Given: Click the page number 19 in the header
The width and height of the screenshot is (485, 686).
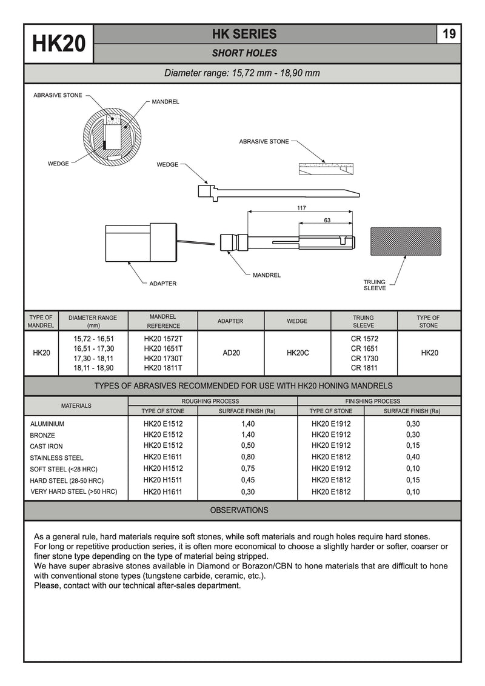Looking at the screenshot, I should coord(449,34).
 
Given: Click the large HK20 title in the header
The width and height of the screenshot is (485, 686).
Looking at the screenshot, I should coord(59,44).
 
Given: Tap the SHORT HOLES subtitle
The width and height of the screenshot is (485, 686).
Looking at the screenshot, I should coord(244,53).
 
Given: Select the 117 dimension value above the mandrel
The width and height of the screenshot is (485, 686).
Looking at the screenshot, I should coord(301,208).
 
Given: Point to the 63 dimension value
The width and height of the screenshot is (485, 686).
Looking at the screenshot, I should coord(327,220).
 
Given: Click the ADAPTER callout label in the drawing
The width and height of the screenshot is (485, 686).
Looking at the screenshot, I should coord(163,284).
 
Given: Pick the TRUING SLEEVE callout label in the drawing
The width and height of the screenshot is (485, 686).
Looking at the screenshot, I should coord(375,285).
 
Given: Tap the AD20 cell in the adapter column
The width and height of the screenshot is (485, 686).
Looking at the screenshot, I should coord(231,353).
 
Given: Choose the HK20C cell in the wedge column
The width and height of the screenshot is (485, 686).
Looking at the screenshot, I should coord(298,353).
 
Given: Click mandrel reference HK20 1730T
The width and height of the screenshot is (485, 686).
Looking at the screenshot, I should coord(163,358).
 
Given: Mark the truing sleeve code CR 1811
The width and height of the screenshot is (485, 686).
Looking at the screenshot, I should coord(364,368).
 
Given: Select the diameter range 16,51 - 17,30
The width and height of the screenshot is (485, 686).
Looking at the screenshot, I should coord(93,348).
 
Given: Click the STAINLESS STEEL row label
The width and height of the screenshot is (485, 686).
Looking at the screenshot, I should coord(56,458).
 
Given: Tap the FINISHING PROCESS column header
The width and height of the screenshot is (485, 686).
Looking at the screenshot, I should coord(373,401).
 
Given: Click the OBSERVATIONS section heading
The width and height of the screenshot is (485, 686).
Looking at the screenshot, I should coord(239,510).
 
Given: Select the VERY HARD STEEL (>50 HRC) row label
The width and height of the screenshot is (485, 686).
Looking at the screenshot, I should coord(74,491).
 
